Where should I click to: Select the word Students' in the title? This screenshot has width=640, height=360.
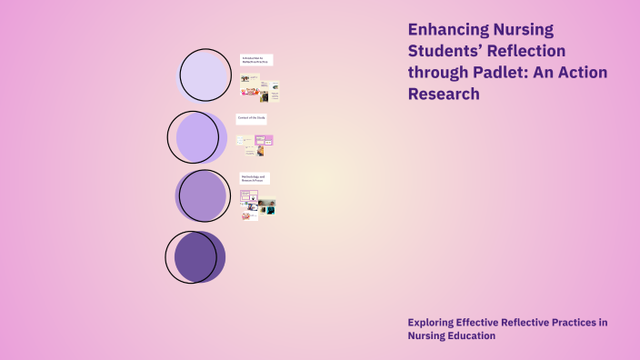pos(446,51)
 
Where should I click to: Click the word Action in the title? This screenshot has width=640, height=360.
pos(579,72)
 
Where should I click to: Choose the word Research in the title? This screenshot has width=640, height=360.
pos(444,93)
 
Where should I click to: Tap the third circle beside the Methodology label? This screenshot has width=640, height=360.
pos(202,195)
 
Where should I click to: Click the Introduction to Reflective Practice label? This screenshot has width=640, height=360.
pos(255,60)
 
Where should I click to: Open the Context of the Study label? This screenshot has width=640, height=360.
pos(252,118)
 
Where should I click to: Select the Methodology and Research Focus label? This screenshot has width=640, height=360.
pos(254,178)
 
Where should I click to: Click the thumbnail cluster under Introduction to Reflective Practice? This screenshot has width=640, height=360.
pos(259,87)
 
